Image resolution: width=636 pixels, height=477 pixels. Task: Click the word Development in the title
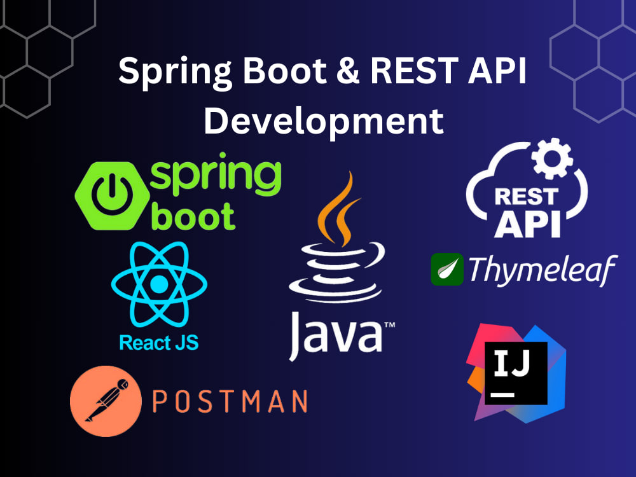pyautogui.click(x=323, y=121)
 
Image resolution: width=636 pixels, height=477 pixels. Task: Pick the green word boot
pyautogui.click(x=193, y=218)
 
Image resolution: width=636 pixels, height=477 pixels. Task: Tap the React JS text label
pyautogui.click(x=158, y=343)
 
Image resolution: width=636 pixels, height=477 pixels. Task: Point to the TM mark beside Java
pyautogui.click(x=389, y=325)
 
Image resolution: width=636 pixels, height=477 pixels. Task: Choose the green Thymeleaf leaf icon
pyautogui.click(x=446, y=269)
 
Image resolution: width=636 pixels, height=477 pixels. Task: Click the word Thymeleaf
pyautogui.click(x=543, y=270)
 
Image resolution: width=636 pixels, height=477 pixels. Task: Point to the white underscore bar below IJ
pyautogui.click(x=502, y=394)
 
